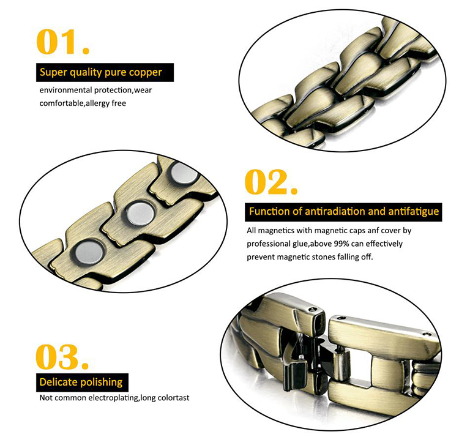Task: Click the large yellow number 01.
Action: click(62, 42)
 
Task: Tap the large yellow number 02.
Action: click(271, 182)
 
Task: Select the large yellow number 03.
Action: click(62, 357)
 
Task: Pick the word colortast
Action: click(174, 398)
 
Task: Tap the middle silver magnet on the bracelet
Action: click(141, 213)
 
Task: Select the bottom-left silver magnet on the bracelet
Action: click(89, 252)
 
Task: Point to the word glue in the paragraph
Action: click(301, 244)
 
